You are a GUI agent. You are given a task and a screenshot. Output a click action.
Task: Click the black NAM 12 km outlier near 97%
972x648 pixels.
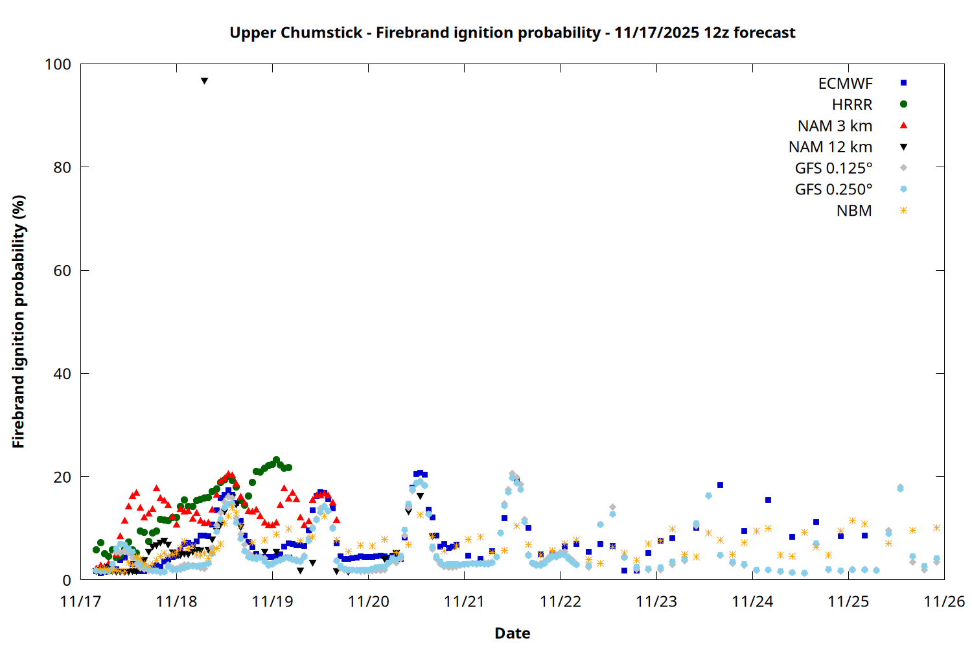pyautogui.click(x=204, y=81)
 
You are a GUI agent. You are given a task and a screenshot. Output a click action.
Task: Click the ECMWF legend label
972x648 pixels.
pyautogui.click(x=845, y=84)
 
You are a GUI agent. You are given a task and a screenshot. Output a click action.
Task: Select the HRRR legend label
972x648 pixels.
pyautogui.click(x=852, y=105)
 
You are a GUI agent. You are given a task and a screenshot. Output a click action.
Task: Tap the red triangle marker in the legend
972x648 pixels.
pyautogui.click(x=903, y=126)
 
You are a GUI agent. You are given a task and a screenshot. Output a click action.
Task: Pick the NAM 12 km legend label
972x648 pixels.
pyautogui.click(x=830, y=147)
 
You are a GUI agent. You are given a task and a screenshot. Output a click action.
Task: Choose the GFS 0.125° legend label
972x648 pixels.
pyautogui.click(x=833, y=168)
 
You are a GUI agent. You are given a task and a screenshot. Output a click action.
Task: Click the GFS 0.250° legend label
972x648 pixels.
pyautogui.click(x=833, y=190)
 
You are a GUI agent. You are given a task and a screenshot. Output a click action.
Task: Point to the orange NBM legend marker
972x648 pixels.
pyautogui.click(x=903, y=211)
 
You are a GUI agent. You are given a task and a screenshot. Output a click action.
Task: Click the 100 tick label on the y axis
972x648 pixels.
pyautogui.click(x=58, y=64)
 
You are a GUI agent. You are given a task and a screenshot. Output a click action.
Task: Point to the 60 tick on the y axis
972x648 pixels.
pyautogui.click(x=62, y=271)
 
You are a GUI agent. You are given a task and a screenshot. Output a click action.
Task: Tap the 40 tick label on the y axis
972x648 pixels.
pyautogui.click(x=62, y=374)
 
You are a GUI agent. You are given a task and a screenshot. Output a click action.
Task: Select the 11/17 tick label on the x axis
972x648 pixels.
pyautogui.click(x=80, y=602)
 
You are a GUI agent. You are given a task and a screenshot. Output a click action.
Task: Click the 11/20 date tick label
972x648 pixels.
pyautogui.click(x=368, y=602)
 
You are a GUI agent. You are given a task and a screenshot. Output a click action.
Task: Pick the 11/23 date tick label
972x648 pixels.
pyautogui.click(x=656, y=602)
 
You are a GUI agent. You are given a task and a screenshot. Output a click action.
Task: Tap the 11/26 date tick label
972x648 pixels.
pyautogui.click(x=944, y=602)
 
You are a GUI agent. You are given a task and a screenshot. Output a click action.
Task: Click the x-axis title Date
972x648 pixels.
pyautogui.click(x=512, y=633)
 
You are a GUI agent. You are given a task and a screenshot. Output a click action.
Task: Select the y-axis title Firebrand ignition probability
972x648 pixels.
pyautogui.click(x=19, y=321)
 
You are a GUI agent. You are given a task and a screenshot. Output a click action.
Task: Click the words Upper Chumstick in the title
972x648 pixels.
pyautogui.click(x=295, y=33)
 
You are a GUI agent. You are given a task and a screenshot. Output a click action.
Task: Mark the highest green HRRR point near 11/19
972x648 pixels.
pyautogui.click(x=276, y=460)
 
